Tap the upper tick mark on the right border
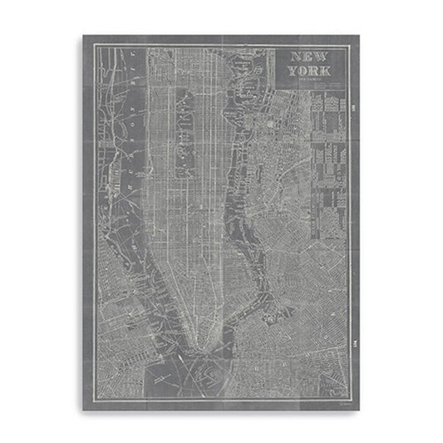(352, 107)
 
